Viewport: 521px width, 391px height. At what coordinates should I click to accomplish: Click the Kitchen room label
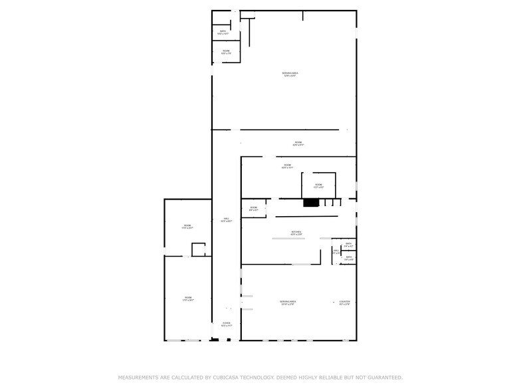coord(296,232)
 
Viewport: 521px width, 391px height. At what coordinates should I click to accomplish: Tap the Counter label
coord(344,302)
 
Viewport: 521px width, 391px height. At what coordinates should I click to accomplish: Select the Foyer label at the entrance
coord(226,325)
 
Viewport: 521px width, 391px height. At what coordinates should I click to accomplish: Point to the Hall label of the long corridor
coord(226,219)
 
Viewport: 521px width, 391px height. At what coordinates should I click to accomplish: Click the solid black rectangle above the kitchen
coord(311,202)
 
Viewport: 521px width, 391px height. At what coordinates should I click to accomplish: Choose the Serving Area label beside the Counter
coord(288,302)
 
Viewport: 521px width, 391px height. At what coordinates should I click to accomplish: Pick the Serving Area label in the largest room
coord(289,73)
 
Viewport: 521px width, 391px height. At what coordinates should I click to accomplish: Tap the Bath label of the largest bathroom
coord(223,31)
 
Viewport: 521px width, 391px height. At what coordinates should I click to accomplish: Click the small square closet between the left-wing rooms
coord(198,249)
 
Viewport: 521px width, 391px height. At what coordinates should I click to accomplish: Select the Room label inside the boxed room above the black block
coord(318,185)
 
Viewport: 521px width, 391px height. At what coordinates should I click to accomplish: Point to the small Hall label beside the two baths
coord(336,251)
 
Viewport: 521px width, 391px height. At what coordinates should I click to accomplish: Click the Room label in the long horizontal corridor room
coord(298,143)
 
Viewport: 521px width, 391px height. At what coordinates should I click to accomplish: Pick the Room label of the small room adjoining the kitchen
coord(254,208)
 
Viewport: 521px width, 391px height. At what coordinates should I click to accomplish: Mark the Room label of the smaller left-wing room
coord(187,226)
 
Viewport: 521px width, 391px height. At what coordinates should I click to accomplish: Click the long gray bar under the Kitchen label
coord(288,238)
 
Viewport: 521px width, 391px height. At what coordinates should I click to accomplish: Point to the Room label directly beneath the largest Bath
coord(226,51)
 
